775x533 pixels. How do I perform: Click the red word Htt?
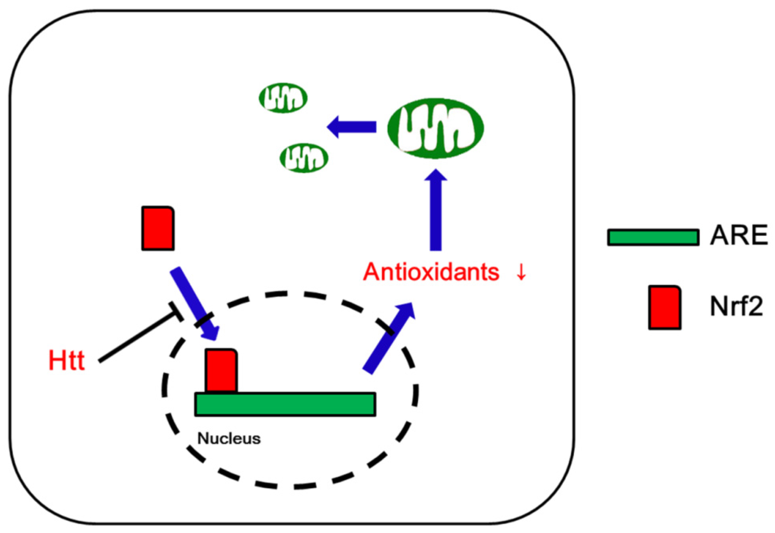click(x=67, y=361)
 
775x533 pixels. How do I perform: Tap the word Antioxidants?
click(x=431, y=272)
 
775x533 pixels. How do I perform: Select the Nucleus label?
click(x=229, y=438)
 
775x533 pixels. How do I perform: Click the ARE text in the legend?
click(x=738, y=236)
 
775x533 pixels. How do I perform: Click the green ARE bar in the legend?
click(x=653, y=237)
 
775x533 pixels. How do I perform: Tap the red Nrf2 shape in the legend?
click(x=664, y=307)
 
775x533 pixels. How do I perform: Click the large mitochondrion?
click(x=436, y=128)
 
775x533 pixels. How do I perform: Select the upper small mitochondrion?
click(x=283, y=98)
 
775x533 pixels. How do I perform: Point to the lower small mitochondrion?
click(x=304, y=158)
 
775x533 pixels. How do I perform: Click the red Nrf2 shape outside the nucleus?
click(x=158, y=228)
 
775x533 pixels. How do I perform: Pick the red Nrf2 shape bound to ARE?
click(x=221, y=371)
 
